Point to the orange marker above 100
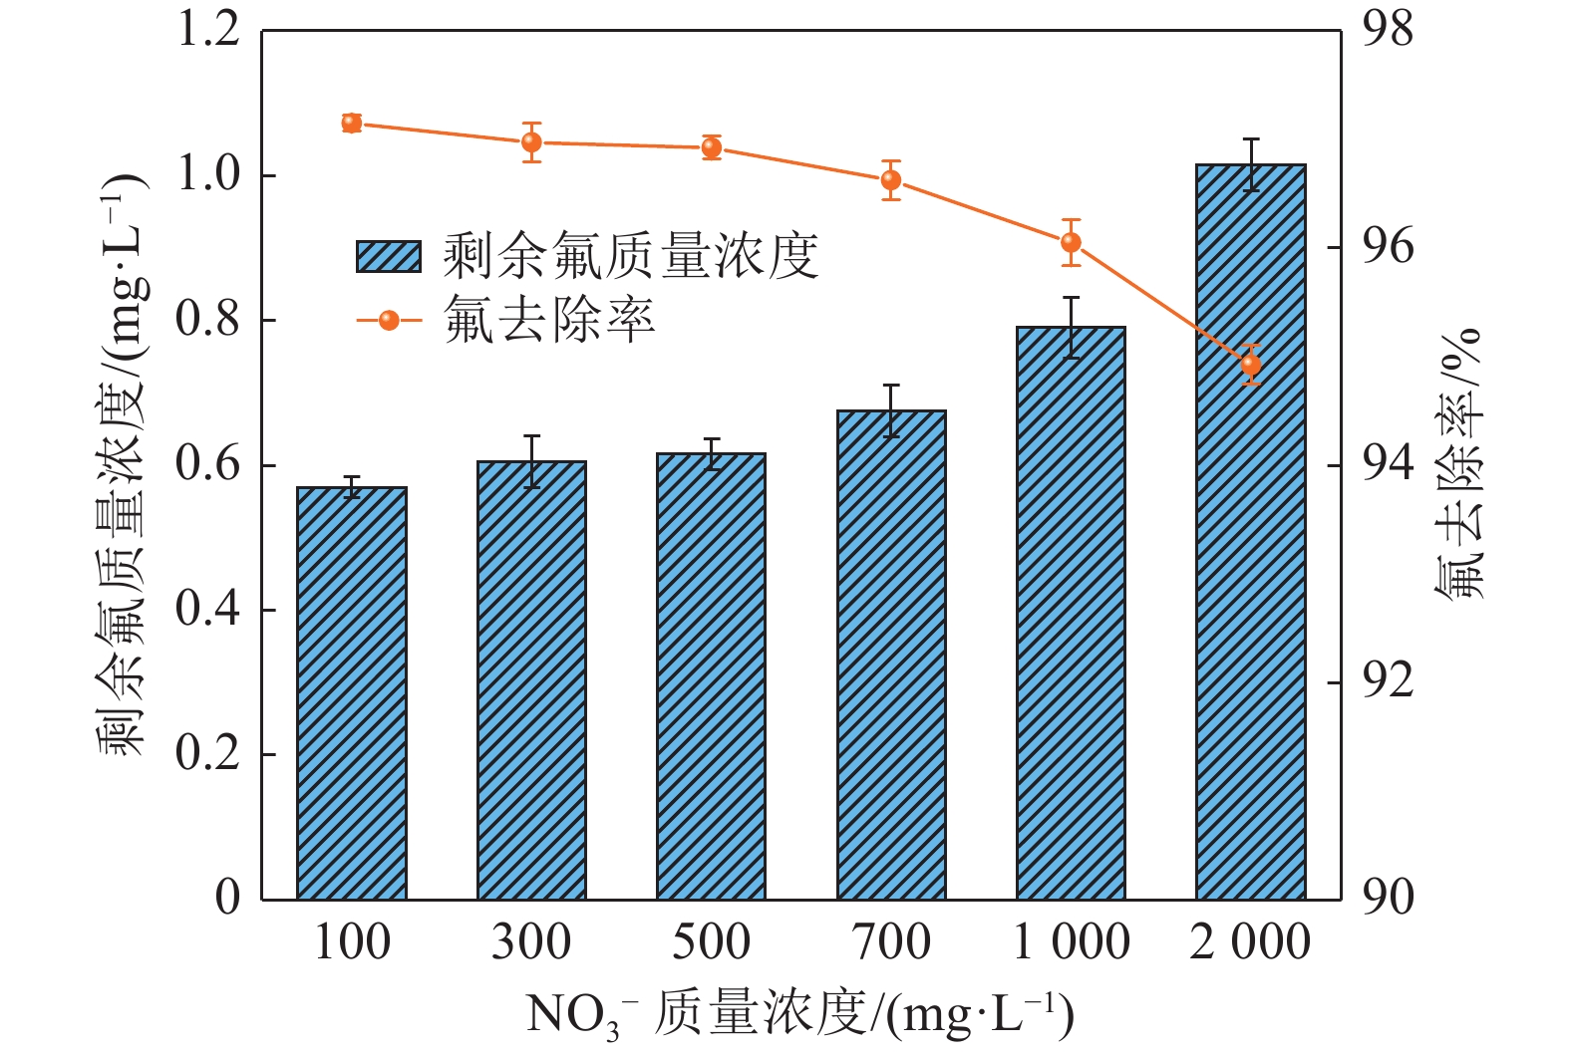[x=351, y=123]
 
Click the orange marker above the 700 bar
[x=891, y=180]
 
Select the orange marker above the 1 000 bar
[x=1071, y=242]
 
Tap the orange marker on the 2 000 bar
[x=1251, y=365]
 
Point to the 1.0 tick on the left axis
[x=208, y=175]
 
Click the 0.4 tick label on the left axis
[x=208, y=610]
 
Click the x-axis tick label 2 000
[x=1250, y=942]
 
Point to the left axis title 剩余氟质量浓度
[x=122, y=464]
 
